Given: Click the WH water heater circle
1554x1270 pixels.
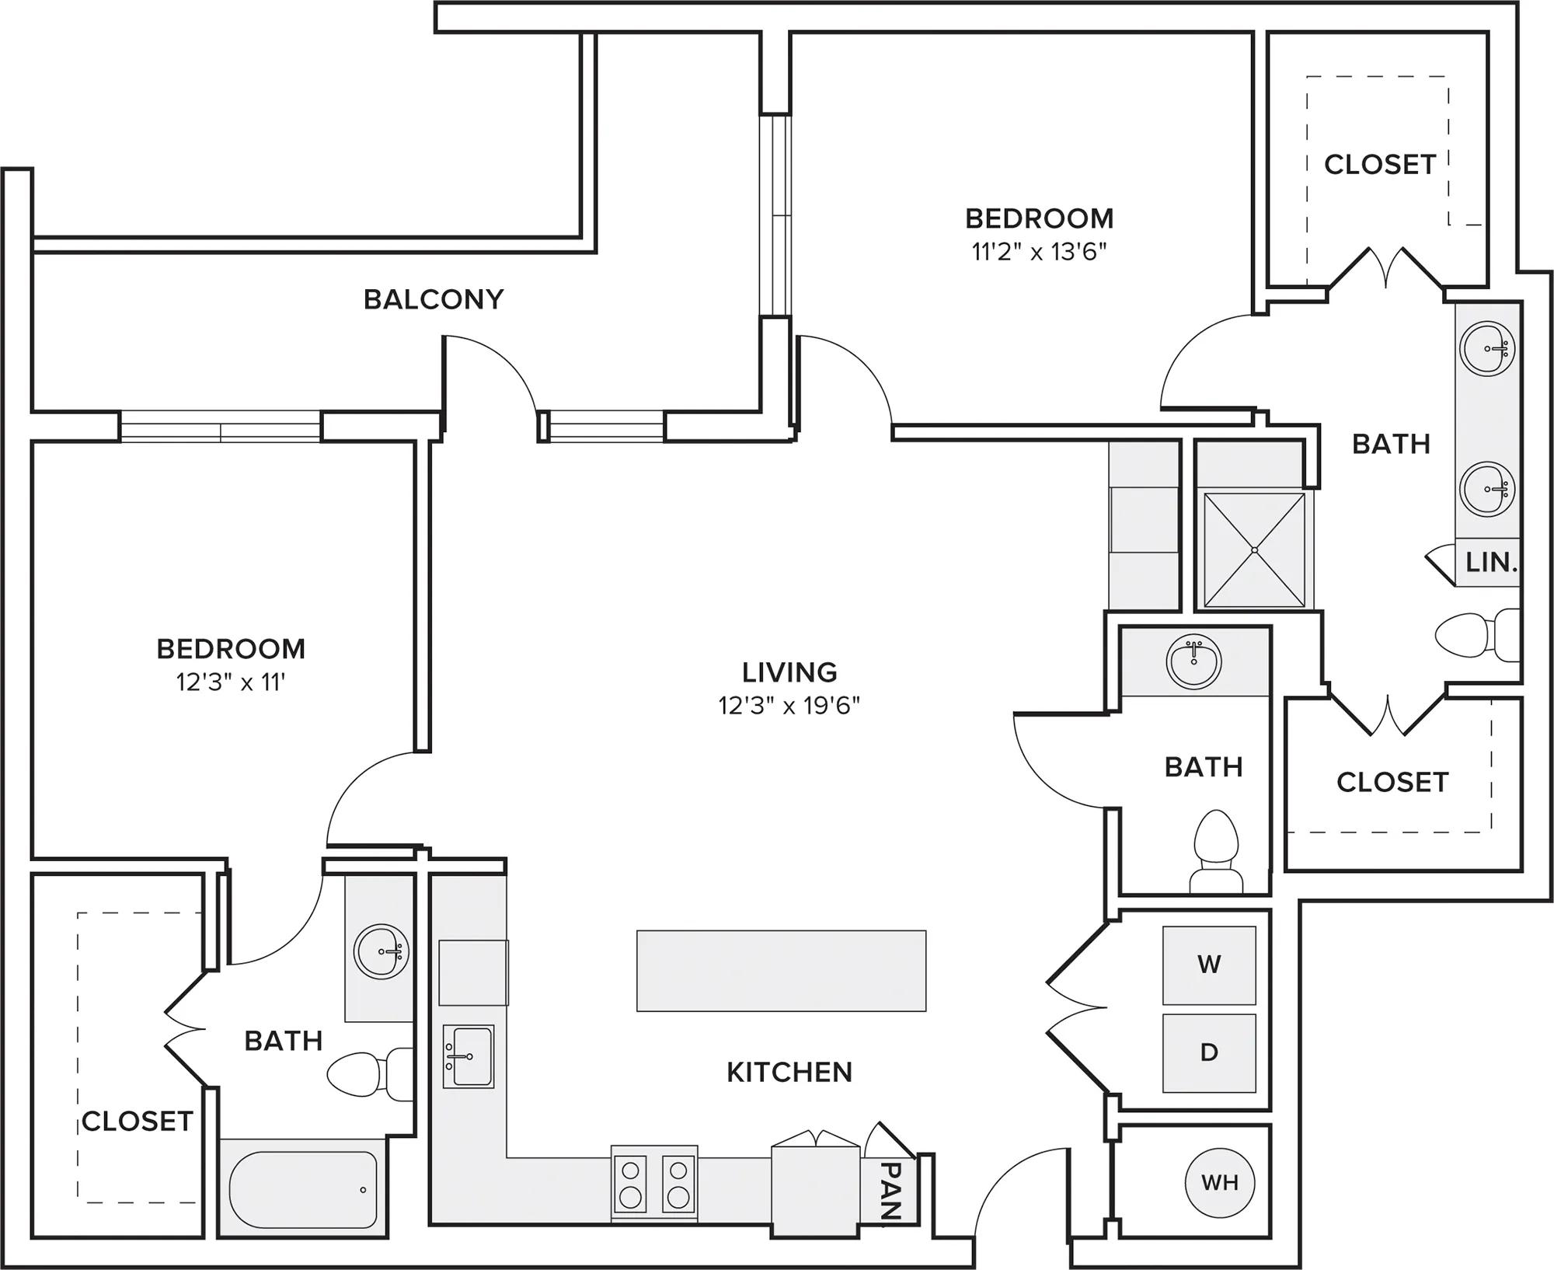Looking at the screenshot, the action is click(x=1220, y=1182).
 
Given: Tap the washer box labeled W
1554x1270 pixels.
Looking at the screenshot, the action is click(x=1209, y=965).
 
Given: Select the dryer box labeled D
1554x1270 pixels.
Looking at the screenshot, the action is click(x=1209, y=1052).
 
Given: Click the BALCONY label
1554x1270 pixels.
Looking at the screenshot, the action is click(x=434, y=299).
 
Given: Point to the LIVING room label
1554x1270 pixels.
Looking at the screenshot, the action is click(x=789, y=672).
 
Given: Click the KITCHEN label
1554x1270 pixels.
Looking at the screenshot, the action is click(x=789, y=1073).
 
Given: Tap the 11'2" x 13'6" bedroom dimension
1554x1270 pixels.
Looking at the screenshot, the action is click(x=1039, y=252).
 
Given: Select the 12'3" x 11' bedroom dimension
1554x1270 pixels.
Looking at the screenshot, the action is click(x=231, y=682).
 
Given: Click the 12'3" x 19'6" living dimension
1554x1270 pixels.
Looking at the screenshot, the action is click(x=789, y=706).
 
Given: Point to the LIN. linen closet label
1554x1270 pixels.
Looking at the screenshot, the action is click(x=1491, y=562).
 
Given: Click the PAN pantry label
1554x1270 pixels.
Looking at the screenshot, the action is click(x=891, y=1190).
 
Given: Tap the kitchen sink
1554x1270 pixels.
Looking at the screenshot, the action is click(x=469, y=1056).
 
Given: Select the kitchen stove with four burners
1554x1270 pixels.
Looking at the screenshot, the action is click(x=653, y=1184).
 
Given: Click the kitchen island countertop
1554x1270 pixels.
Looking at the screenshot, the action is click(x=781, y=971).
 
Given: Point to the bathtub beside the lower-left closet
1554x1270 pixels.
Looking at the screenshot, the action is click(x=304, y=1189).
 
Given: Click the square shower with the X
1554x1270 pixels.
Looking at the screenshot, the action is click(x=1254, y=550).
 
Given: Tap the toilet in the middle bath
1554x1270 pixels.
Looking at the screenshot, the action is click(x=1215, y=852).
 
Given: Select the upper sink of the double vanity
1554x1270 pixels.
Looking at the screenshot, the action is click(x=1487, y=347).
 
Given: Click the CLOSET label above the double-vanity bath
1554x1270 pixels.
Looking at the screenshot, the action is click(x=1379, y=165).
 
